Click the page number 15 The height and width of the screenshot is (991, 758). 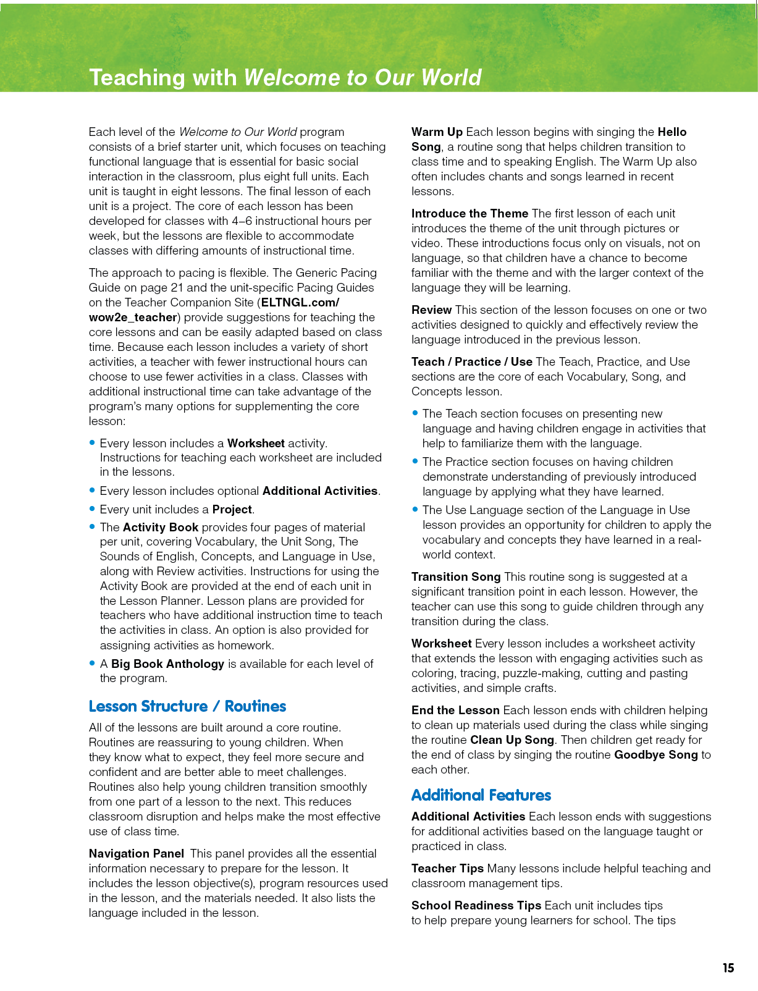pos(728,968)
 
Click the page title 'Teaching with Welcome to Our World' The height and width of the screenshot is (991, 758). pos(285,77)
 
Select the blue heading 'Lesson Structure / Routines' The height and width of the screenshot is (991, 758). pos(187,706)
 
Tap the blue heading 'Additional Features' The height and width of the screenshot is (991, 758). pos(481,795)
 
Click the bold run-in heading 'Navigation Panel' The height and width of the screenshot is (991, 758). pos(136,853)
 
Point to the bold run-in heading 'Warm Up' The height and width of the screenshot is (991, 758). pos(437,132)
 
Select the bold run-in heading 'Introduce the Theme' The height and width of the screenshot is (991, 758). pos(470,213)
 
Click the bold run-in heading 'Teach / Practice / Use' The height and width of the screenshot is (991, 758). pos(471,361)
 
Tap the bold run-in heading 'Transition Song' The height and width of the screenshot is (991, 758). pos(455,576)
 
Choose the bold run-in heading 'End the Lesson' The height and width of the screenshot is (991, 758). pos(455,710)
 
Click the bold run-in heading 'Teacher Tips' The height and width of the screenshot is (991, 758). pos(447,868)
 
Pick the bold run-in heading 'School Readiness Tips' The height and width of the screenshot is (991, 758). pos(476,905)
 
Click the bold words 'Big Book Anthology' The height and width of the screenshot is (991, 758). pos(167,664)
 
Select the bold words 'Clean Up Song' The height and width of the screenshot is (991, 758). pos(512,740)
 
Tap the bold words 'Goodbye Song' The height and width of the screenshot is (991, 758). pos(655,754)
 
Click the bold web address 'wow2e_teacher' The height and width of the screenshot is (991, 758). pos(133,317)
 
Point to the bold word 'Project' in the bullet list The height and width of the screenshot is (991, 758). pos(232,509)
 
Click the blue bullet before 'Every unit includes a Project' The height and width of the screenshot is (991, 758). pos(92,509)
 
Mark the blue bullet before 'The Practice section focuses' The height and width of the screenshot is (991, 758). pos(415,461)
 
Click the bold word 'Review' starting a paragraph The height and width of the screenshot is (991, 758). pos(431,310)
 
